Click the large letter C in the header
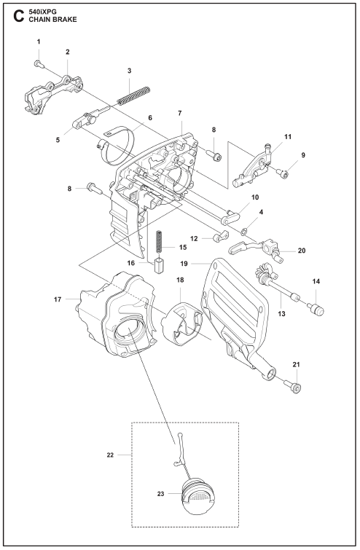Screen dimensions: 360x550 point(19,16)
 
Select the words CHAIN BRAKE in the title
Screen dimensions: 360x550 point(52,20)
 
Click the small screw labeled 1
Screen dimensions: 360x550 point(38,63)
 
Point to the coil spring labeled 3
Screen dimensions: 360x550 point(133,95)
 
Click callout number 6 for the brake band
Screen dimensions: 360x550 point(150,118)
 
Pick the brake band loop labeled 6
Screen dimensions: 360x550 point(117,146)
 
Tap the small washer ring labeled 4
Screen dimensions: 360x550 point(244,231)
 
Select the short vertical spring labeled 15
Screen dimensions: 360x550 point(159,241)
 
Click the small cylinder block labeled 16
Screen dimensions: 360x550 point(159,265)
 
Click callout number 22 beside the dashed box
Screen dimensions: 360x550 point(110,455)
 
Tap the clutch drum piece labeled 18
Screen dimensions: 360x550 point(181,322)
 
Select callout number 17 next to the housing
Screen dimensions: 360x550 point(58,299)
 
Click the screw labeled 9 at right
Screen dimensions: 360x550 point(283,173)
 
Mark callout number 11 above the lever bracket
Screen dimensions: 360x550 point(288,137)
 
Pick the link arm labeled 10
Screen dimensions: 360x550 point(230,218)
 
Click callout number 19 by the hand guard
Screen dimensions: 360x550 point(184,264)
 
